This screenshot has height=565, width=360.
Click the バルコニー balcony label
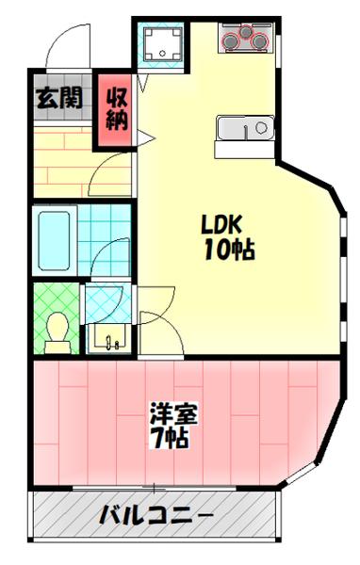(155, 517)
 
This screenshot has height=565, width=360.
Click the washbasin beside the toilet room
(109, 336)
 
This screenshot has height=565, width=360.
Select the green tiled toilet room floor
(47, 301)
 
